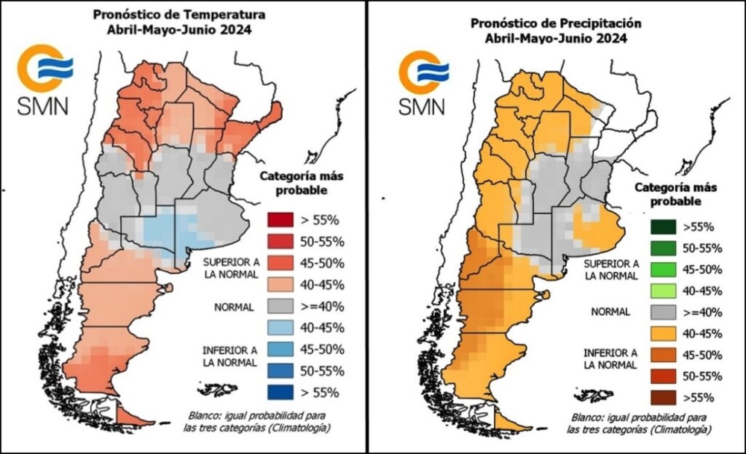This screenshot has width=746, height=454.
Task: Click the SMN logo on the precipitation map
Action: pyautogui.click(x=423, y=83)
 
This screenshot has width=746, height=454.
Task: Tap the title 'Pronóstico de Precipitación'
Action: pyautogui.click(x=557, y=22)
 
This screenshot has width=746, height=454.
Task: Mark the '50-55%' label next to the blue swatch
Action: pyautogui.click(x=322, y=370)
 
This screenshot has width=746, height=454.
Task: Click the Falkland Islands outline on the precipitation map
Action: pyautogui.click(x=594, y=394)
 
